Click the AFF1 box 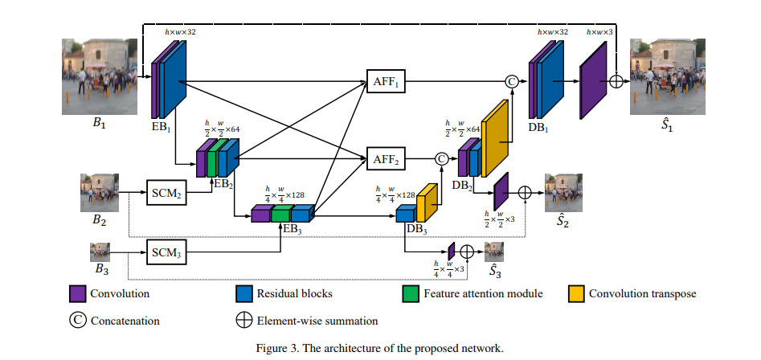click(x=386, y=80)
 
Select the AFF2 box click(x=386, y=158)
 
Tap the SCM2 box click(x=166, y=193)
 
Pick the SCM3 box click(x=166, y=252)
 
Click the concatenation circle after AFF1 click(x=512, y=81)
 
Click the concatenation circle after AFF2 click(x=441, y=158)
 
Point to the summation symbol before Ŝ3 click(x=466, y=252)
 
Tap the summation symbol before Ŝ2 click(x=525, y=193)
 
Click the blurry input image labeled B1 click(x=100, y=76)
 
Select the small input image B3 click(x=100, y=252)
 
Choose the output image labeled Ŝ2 click(x=563, y=193)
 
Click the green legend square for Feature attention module click(x=411, y=293)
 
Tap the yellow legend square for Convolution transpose click(x=576, y=293)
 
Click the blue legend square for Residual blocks click(x=243, y=293)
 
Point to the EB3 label click(x=293, y=229)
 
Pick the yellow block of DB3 click(x=427, y=202)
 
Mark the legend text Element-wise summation click(x=317, y=321)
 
